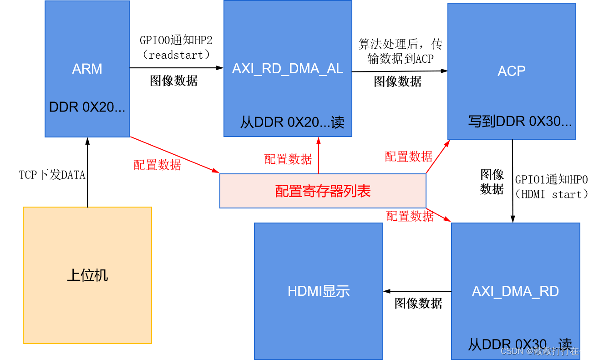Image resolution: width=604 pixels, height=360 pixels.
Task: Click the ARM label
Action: coord(87,69)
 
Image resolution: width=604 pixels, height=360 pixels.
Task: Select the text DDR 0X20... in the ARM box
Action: coord(87,107)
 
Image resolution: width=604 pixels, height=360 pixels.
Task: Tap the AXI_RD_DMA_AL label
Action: coord(288,69)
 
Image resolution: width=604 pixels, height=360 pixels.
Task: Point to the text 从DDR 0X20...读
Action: coord(292,122)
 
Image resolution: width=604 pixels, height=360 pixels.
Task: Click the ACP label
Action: coord(512,71)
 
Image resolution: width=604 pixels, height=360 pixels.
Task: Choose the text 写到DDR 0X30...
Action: coord(520,122)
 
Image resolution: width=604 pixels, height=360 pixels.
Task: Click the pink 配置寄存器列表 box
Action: coord(323,191)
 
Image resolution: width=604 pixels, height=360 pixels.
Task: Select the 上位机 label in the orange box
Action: coord(87,275)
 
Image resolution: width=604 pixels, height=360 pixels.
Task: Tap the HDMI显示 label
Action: coord(319,291)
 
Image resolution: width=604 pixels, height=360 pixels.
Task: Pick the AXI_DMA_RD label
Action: coord(515,291)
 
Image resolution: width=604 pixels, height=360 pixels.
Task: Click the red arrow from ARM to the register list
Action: coord(175,155)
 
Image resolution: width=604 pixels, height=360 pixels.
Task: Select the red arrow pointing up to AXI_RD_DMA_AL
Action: coord(318,155)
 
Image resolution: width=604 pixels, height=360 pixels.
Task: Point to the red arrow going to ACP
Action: coord(438,157)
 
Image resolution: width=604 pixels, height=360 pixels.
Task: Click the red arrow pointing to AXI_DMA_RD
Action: coord(438,215)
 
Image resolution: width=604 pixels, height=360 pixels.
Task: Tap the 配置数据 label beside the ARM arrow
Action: coord(157,165)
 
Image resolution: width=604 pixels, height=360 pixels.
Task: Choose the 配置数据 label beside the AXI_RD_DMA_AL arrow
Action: coord(288,159)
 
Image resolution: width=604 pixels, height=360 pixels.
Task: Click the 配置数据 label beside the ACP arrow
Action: coord(408,157)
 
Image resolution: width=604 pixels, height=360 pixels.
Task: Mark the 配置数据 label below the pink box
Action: coord(410,217)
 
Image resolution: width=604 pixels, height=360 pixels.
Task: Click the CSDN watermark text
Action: coord(548,351)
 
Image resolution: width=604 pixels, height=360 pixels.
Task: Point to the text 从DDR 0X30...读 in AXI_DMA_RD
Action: coord(519,344)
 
